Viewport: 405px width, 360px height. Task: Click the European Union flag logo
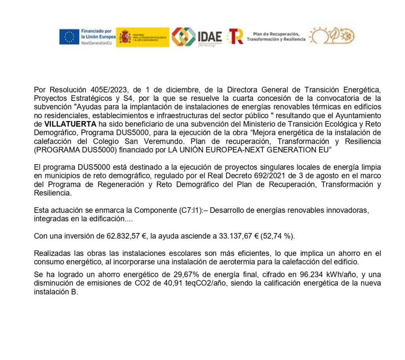click(x=69, y=37)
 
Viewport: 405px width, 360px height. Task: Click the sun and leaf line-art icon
click(x=332, y=36)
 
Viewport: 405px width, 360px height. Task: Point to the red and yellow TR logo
click(x=235, y=36)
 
